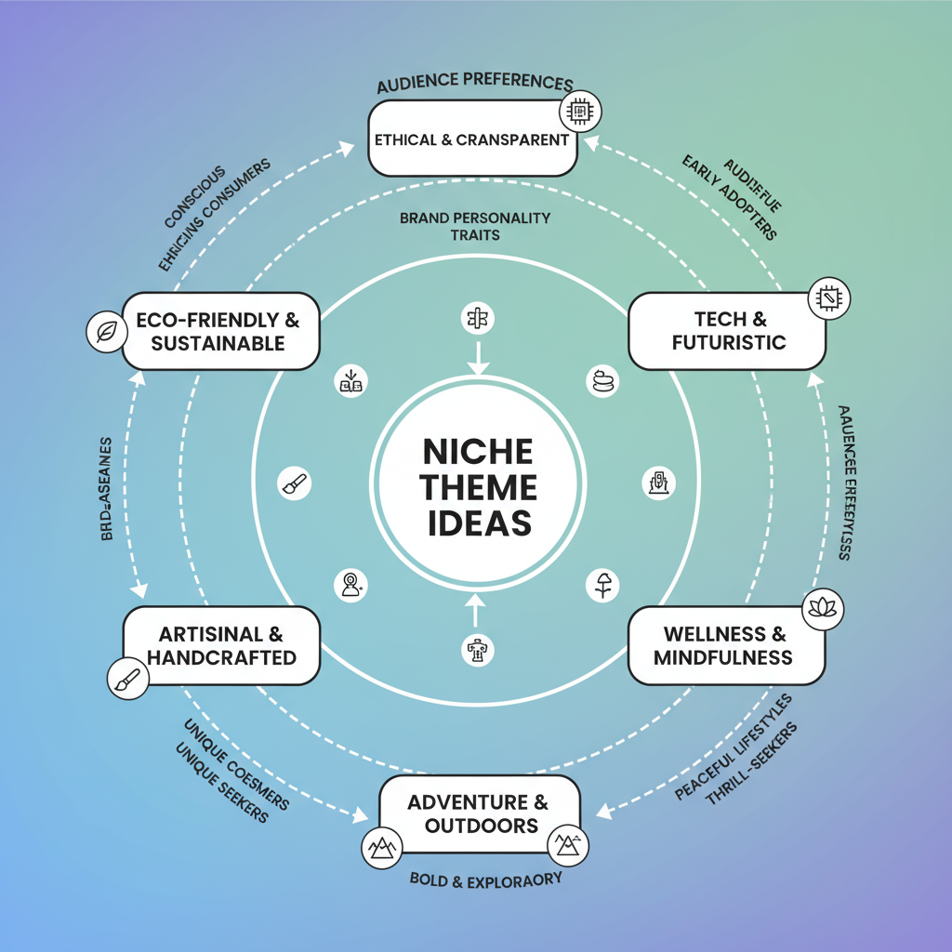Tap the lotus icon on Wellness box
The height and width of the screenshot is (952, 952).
pyautogui.click(x=822, y=607)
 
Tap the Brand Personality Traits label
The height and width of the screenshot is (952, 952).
pyautogui.click(x=475, y=227)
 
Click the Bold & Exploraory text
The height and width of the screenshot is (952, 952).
pyautogui.click(x=485, y=879)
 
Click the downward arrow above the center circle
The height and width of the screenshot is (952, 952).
pyautogui.click(x=476, y=355)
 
